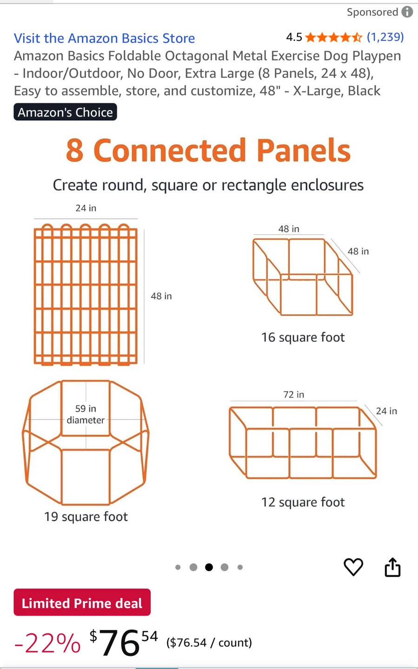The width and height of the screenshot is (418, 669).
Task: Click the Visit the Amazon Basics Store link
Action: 104,38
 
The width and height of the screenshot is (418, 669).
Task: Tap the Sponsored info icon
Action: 407,12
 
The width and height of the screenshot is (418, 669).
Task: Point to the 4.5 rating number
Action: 294,37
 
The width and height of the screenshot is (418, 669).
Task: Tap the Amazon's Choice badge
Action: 65,112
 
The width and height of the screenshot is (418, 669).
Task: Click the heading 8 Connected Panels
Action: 208,150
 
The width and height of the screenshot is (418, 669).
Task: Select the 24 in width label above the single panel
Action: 86,208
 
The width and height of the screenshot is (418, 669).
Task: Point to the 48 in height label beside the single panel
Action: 161,296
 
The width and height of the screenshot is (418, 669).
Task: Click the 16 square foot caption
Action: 303,337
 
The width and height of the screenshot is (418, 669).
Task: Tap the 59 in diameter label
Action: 86,414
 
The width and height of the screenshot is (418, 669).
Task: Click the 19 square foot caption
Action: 86,517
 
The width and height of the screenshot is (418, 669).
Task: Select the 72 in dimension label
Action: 293,394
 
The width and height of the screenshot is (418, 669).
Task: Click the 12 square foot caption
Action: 303,502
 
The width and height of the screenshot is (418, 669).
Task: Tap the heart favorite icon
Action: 353,567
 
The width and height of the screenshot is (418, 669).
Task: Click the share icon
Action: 392,567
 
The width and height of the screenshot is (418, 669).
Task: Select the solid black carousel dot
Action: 209,567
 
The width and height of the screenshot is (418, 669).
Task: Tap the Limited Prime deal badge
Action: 82,602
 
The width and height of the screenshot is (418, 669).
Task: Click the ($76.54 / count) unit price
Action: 209,643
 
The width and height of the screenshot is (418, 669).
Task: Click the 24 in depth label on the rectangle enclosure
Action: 386,411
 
